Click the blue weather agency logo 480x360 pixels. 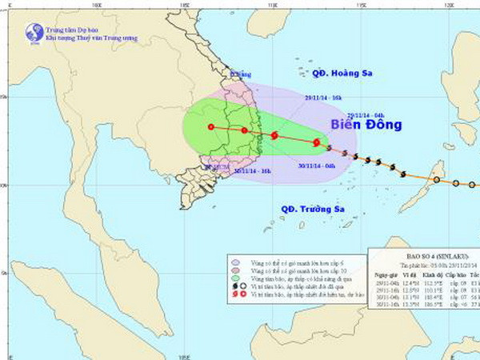click(x=34, y=32)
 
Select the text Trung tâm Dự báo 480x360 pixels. click(x=72, y=28)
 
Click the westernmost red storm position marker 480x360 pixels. click(x=210, y=126)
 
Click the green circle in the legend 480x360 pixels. click(x=234, y=277)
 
